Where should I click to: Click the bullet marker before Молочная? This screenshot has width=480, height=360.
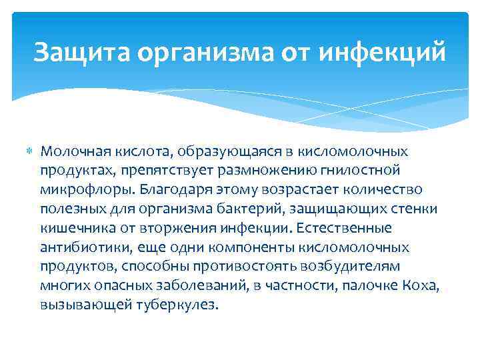click(29, 153)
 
